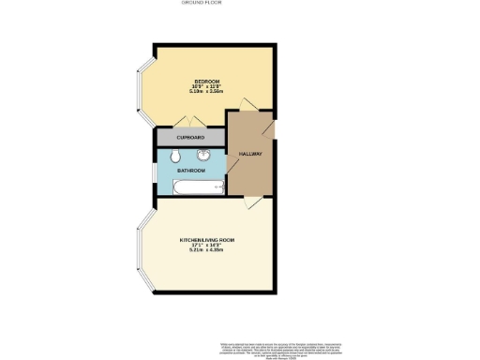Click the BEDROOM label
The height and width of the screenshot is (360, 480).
click(x=205, y=81)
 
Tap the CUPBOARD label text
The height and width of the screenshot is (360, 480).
click(x=191, y=138)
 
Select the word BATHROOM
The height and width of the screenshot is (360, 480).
click(x=191, y=171)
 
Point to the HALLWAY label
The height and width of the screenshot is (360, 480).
click(x=249, y=154)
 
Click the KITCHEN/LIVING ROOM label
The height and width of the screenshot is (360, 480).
click(x=206, y=240)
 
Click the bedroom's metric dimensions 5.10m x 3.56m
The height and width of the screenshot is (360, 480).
click(x=205, y=92)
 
